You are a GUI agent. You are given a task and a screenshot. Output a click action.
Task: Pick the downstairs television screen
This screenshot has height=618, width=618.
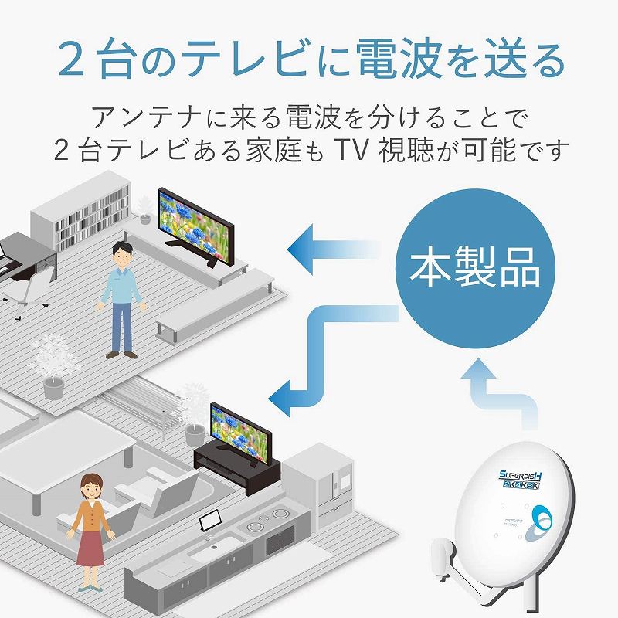[x=235, y=427]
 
